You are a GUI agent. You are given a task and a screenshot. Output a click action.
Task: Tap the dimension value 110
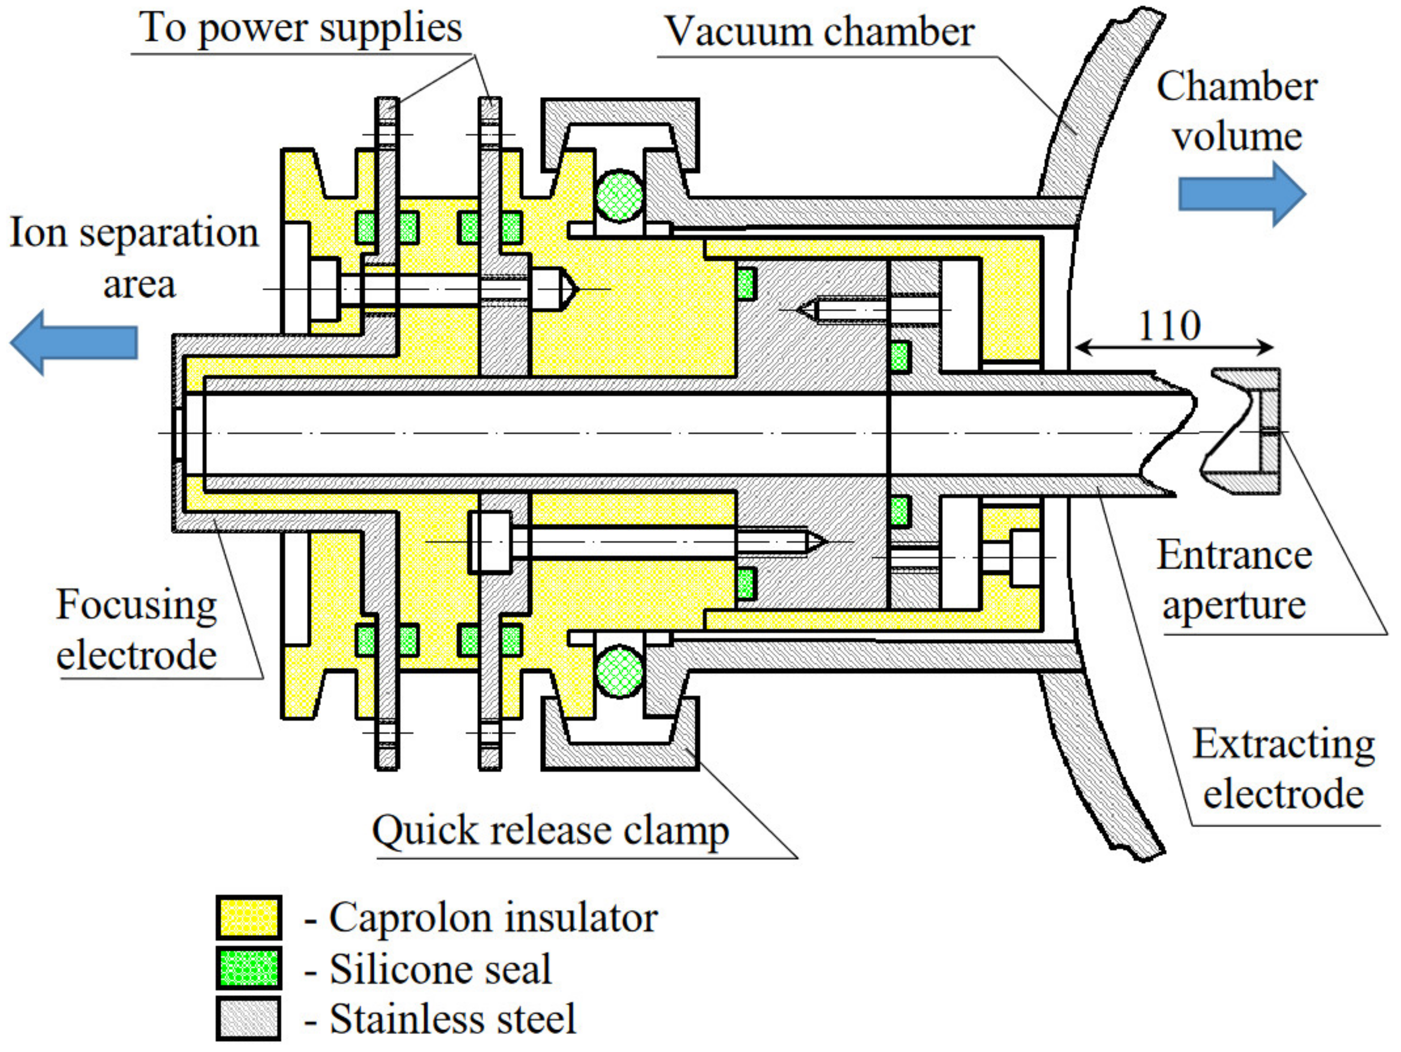(1169, 326)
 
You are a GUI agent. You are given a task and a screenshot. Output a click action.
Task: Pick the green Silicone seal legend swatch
(248, 968)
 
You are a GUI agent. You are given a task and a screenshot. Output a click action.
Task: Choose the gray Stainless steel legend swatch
(248, 1018)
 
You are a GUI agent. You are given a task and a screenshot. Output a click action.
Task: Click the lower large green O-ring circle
(619, 671)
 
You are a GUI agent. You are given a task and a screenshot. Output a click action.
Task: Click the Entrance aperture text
(1234, 580)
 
